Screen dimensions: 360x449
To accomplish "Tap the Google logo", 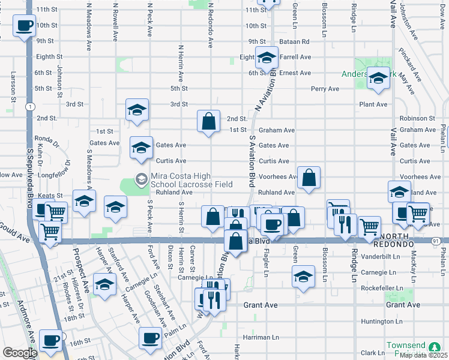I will (x=20, y=353).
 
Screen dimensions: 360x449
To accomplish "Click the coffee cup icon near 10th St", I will (x=25, y=26).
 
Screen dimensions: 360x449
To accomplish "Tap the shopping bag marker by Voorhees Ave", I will (x=309, y=178).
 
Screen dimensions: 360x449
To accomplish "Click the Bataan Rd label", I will (x=297, y=41).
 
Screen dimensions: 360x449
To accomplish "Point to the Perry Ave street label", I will (x=325, y=89).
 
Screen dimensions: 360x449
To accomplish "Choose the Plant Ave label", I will (x=373, y=104).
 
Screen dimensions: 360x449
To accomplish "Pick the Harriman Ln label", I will (x=261, y=338).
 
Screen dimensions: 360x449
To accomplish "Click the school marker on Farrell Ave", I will (x=267, y=58).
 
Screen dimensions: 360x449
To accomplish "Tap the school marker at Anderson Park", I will (x=378, y=79).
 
